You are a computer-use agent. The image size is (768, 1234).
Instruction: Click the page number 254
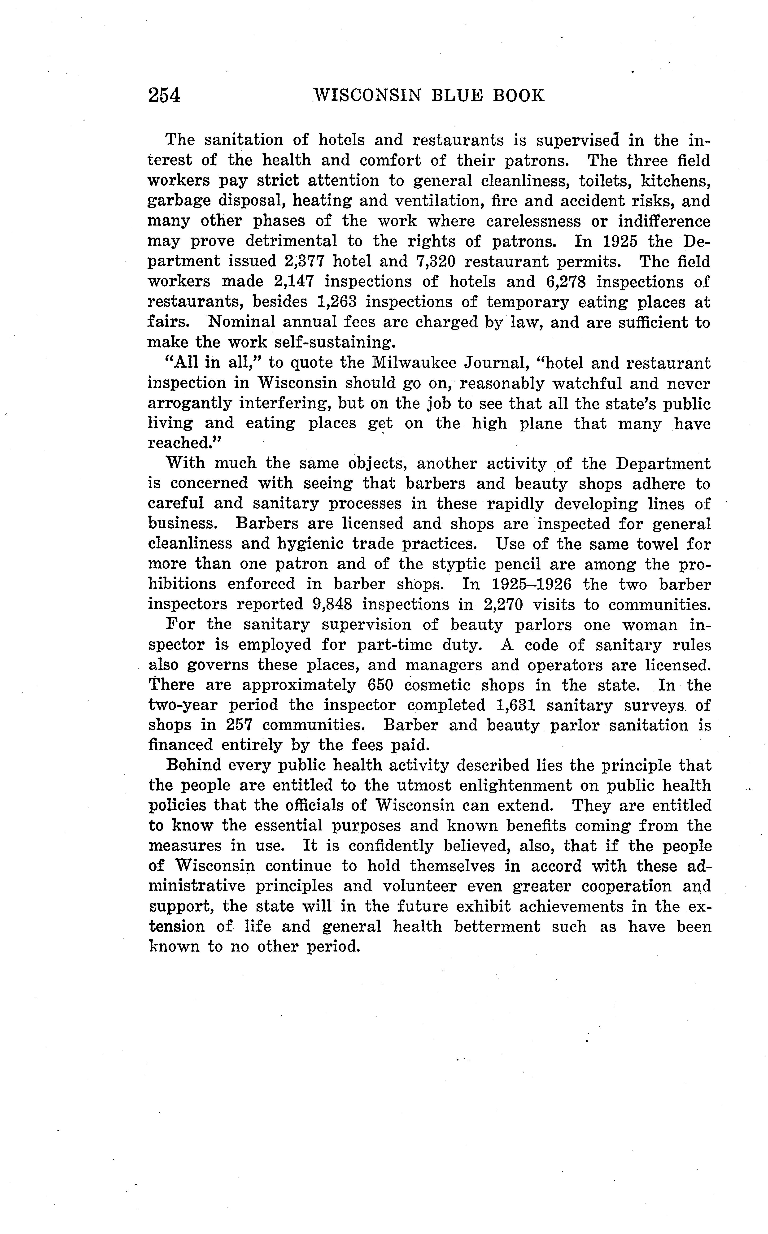(x=164, y=96)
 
